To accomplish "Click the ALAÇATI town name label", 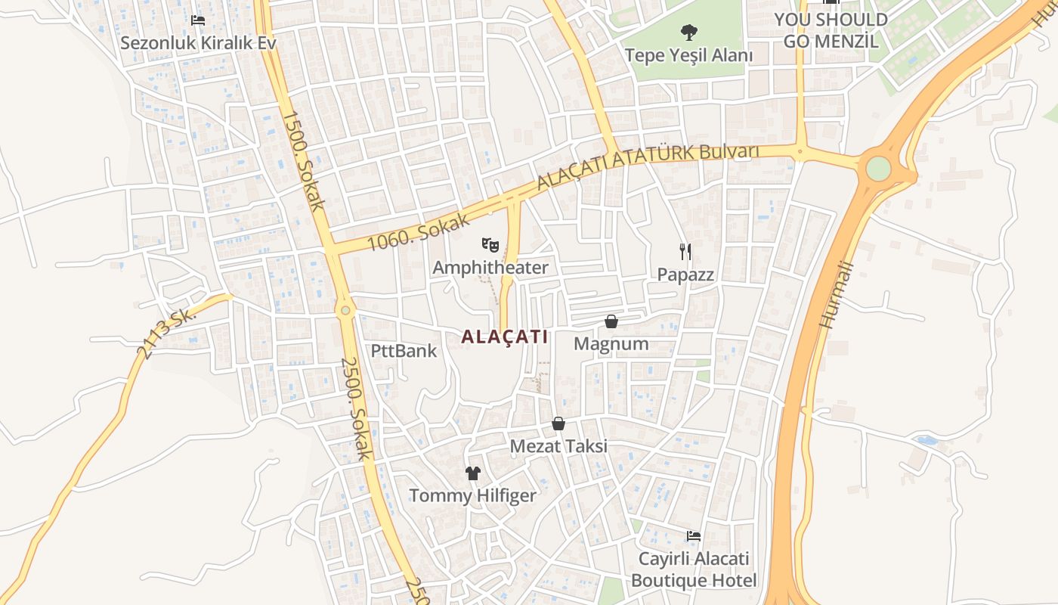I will click(x=504, y=337).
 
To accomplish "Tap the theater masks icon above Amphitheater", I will click(x=490, y=244).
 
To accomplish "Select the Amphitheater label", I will click(x=490, y=268).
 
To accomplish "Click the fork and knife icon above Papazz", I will click(x=685, y=251).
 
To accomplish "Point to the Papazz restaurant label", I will click(x=685, y=275).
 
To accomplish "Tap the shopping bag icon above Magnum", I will click(x=611, y=321).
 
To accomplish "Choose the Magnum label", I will click(x=611, y=344).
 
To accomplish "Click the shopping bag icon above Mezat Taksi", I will click(x=558, y=423).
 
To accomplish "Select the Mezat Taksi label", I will click(x=558, y=446).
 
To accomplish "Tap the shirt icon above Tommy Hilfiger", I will click(x=473, y=473).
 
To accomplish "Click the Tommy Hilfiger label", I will click(x=473, y=496).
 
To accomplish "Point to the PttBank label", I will click(x=404, y=351).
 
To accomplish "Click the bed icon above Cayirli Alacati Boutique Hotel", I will click(x=693, y=536).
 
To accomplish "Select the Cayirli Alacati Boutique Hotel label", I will click(x=694, y=569).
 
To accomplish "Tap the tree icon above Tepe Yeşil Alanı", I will click(x=688, y=33).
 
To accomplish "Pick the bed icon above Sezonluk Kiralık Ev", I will click(x=198, y=20).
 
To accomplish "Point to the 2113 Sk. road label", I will click(x=166, y=333).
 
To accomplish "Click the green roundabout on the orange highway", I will click(x=877, y=168).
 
